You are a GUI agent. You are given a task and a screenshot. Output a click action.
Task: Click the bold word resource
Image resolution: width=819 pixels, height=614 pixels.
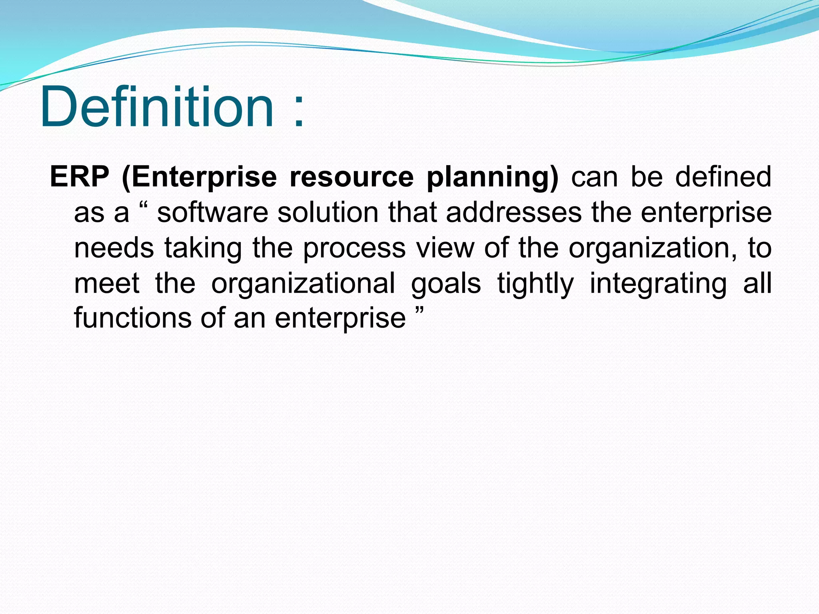coord(352,177)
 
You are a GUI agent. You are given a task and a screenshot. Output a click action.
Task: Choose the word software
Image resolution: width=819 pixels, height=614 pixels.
coord(212,213)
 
